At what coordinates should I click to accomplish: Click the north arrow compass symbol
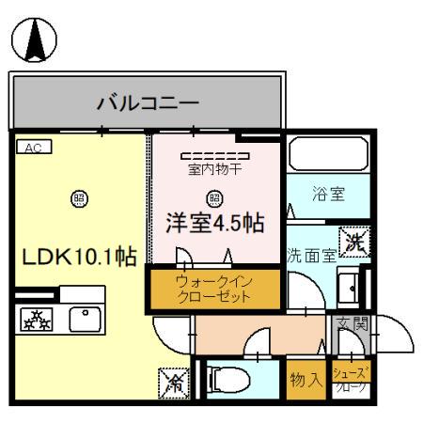coord(34,39)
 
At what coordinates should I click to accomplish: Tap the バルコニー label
coord(148,102)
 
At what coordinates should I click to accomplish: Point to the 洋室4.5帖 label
coord(214,224)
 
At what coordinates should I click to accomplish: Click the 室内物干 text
coord(214,170)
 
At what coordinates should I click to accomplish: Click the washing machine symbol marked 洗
coord(356,240)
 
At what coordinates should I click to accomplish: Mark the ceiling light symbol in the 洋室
coord(214,197)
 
